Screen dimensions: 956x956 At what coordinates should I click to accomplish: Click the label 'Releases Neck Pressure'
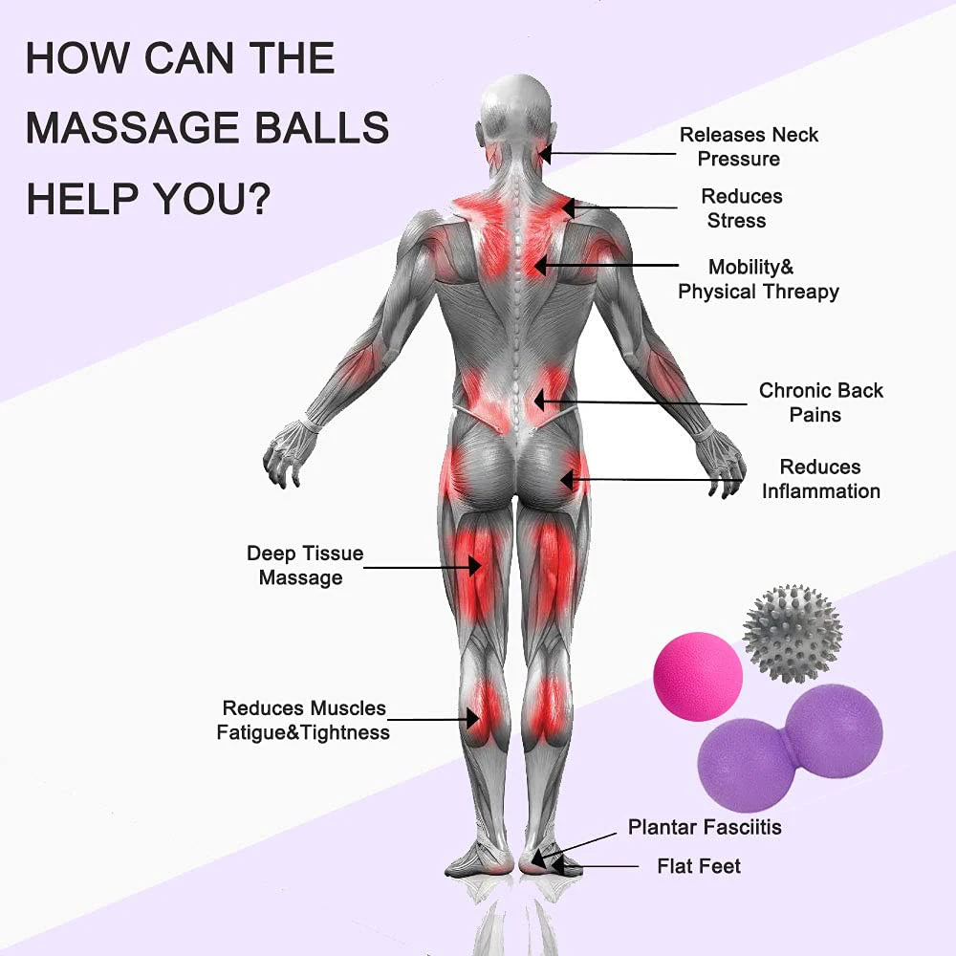749,146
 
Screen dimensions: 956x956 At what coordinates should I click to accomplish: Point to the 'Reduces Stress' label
741,207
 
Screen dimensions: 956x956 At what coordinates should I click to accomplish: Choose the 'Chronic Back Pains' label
820,402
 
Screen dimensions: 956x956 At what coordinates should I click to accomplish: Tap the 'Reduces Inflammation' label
820,479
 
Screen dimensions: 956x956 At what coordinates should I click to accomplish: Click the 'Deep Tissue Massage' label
304,565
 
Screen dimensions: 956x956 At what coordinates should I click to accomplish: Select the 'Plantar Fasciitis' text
705,827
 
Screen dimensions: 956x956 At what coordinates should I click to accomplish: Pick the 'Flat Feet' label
698,866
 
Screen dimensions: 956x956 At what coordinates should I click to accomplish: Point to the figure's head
517,105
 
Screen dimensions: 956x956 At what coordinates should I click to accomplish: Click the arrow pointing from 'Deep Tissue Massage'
422,567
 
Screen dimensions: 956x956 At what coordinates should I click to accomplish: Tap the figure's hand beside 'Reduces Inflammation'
722,463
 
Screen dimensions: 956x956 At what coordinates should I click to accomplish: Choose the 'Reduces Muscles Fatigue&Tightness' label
305,720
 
